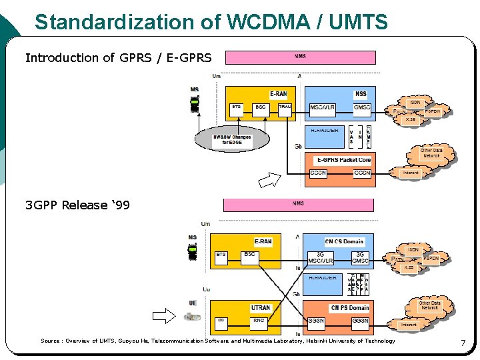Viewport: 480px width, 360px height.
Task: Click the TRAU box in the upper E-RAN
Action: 285,109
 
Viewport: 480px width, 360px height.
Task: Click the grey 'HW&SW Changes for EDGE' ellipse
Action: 232,139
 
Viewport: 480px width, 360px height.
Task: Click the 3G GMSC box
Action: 361,257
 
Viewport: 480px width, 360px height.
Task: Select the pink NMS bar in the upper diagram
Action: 301,57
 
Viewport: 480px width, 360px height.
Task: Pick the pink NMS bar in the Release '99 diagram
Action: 298,205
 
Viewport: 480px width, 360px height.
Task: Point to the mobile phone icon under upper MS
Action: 195,104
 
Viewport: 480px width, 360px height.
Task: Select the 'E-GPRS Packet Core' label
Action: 344,160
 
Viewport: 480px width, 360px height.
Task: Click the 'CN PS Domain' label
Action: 349,308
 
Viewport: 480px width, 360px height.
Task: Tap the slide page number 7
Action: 463,343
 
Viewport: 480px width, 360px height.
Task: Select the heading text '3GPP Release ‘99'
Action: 77,205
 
